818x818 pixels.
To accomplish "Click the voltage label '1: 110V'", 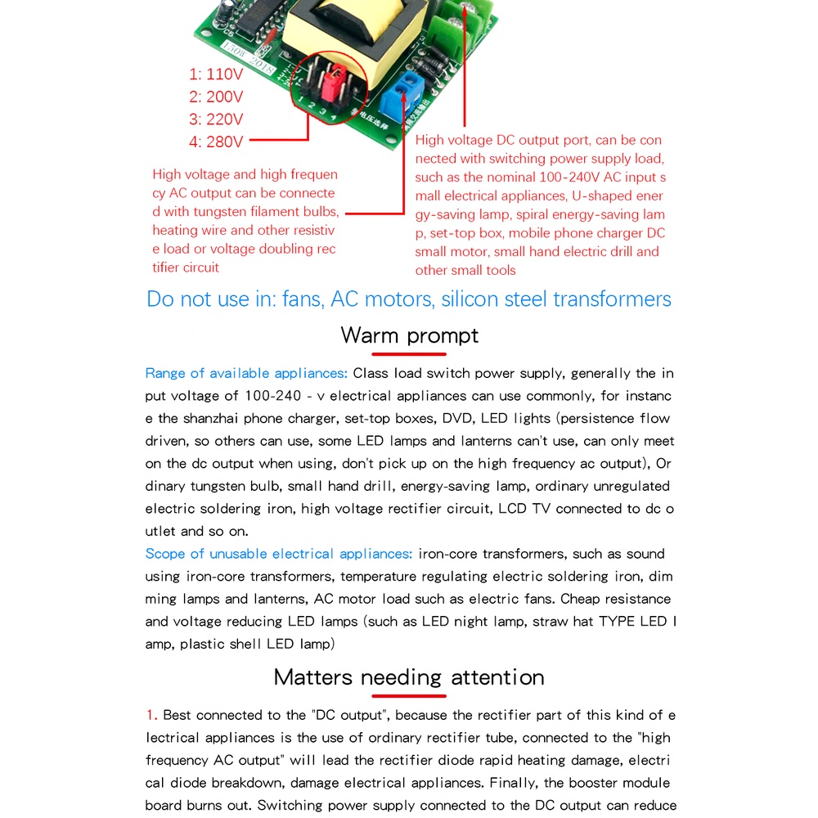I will point(216,74).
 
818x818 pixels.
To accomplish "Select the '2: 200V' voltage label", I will point(216,97).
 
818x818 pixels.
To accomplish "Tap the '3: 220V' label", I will point(216,119).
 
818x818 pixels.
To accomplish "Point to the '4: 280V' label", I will point(216,142).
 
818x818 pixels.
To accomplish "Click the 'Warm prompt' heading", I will point(409,335).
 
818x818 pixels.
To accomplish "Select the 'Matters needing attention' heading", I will point(409,677).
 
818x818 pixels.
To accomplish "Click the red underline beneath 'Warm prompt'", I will point(409,354).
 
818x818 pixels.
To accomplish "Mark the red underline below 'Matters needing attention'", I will point(409,696).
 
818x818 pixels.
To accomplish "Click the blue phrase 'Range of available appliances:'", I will point(246,374).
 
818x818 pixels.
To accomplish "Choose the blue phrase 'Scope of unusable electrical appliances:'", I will point(279,554).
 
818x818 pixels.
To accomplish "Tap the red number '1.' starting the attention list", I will point(152,716).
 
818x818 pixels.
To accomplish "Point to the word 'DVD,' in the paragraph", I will point(458,419).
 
